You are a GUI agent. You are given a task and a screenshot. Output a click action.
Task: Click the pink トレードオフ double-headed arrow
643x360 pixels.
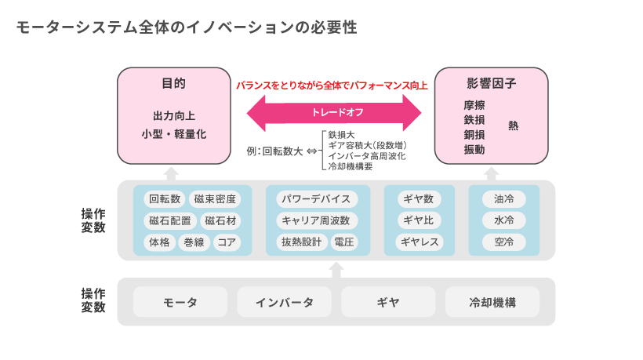point(337,112)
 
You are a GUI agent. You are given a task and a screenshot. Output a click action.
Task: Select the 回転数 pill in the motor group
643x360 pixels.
point(165,199)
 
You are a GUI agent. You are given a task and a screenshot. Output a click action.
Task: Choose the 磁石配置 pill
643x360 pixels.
point(170,220)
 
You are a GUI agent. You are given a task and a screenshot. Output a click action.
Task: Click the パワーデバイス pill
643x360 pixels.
point(316,199)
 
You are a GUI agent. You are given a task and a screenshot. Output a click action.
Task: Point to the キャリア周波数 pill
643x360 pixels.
point(316,220)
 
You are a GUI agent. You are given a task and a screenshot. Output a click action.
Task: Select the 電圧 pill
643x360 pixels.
point(343,242)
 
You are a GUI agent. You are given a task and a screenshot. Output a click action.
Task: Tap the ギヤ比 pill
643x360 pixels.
point(418,220)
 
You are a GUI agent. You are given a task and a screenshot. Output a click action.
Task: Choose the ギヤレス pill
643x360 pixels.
point(418,242)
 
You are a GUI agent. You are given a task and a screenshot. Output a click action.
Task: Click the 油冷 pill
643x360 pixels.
point(504,199)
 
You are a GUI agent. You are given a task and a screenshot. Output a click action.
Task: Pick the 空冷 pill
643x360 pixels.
point(504,242)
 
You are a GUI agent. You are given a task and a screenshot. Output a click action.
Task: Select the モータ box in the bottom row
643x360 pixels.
point(180,302)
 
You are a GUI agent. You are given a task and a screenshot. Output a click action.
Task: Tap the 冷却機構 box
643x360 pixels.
point(492,302)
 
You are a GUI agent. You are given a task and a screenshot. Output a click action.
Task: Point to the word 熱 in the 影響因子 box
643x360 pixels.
point(514,125)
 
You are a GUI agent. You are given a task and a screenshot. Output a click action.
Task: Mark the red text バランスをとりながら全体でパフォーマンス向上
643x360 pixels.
point(332,85)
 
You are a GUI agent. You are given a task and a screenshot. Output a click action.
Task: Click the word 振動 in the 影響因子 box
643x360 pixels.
point(474,149)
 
